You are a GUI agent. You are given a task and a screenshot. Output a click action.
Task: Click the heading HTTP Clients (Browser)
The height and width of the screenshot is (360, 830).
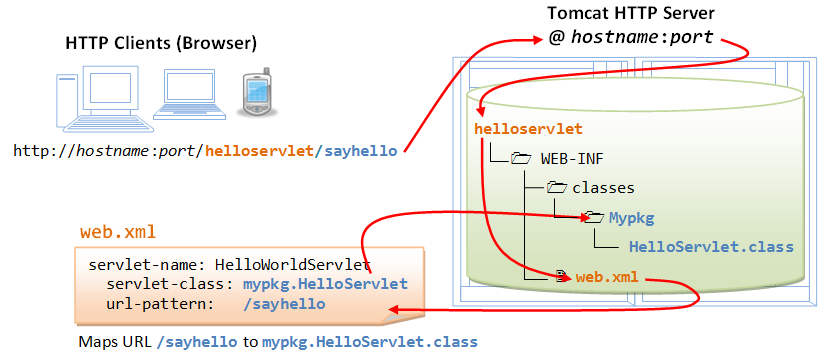click(161, 43)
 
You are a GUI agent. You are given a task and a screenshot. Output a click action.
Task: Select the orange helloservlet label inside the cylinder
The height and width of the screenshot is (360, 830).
click(527, 129)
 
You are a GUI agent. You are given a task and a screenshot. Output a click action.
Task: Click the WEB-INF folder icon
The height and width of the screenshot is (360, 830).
click(520, 158)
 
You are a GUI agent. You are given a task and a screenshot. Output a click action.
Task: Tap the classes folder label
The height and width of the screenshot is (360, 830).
click(603, 187)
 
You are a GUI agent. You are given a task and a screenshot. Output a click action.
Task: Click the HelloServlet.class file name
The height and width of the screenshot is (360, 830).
click(710, 246)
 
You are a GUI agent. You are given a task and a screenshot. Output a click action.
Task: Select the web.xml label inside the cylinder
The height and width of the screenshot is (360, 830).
click(607, 276)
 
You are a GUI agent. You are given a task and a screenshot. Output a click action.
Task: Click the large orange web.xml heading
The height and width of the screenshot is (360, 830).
click(117, 233)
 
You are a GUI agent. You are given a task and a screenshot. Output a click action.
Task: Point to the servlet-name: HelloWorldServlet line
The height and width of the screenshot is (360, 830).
click(230, 265)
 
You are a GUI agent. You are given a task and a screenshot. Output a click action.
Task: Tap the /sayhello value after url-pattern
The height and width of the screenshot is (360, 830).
click(284, 303)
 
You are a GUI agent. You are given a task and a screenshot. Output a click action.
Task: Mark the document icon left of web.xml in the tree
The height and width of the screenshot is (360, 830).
click(562, 276)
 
